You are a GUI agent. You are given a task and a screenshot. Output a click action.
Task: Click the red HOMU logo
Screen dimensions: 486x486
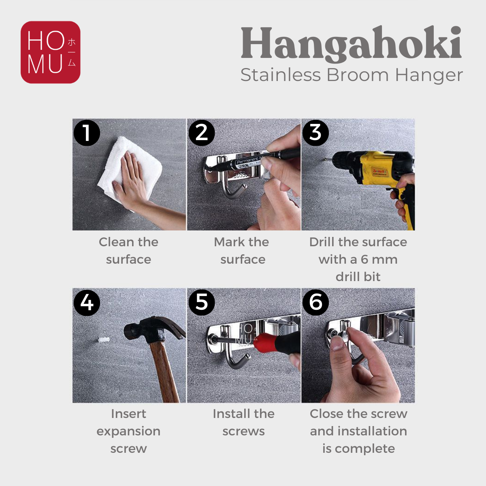coord(51,52)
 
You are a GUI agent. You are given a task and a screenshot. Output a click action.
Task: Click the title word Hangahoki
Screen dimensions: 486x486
coord(351,45)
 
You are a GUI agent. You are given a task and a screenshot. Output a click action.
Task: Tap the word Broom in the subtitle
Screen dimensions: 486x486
coord(358,75)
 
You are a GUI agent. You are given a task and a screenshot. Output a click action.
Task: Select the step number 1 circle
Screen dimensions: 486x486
coord(87,133)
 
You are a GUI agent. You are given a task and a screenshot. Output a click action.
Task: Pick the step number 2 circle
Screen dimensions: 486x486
coord(202,133)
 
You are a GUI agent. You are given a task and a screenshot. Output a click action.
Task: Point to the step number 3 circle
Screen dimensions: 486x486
coord(315,133)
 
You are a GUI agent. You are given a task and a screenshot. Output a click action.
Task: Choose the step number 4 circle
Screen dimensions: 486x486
coord(87,303)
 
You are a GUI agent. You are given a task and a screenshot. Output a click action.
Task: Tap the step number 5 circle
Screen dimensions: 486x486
coord(202,303)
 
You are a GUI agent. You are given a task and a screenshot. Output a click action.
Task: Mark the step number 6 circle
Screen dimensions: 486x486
coord(315,303)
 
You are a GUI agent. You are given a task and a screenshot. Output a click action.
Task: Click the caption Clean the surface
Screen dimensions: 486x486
coord(129,251)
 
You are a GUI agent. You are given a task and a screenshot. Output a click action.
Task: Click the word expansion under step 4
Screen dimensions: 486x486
coord(128,432)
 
